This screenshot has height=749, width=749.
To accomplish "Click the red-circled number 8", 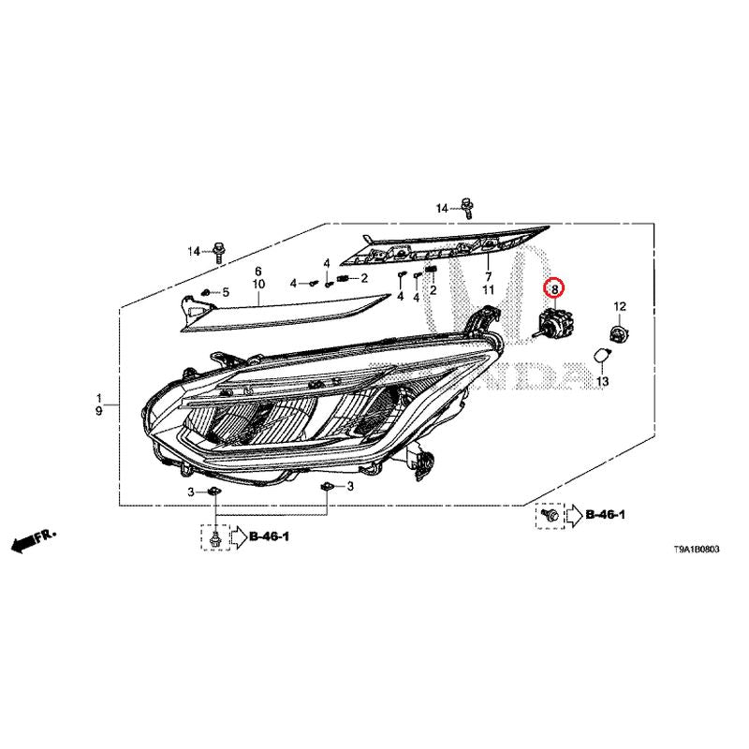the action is point(554,289).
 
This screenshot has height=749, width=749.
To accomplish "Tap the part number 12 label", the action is point(620,307).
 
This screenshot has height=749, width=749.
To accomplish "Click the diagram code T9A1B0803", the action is point(696,550).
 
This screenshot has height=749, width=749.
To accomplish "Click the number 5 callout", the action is point(225,292).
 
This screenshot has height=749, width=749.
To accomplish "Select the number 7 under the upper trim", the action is point(488,276).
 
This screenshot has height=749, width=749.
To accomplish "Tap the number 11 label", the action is point(488,290).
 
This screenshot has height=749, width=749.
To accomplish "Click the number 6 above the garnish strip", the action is point(258,271).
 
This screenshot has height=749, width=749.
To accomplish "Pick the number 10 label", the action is point(258,285).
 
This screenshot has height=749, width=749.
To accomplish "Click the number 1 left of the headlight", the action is point(99,397).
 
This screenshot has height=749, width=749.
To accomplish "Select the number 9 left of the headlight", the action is point(99,411).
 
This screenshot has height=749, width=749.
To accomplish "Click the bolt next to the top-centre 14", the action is point(466,208).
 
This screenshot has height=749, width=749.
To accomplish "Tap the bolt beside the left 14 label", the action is point(218,252).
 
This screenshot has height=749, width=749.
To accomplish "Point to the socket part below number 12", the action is point(620,332).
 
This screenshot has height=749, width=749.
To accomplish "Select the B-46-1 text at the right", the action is point(605,514).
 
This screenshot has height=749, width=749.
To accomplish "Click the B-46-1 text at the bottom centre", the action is point(269,536).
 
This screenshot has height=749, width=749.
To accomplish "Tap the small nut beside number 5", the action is point(206,292).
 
